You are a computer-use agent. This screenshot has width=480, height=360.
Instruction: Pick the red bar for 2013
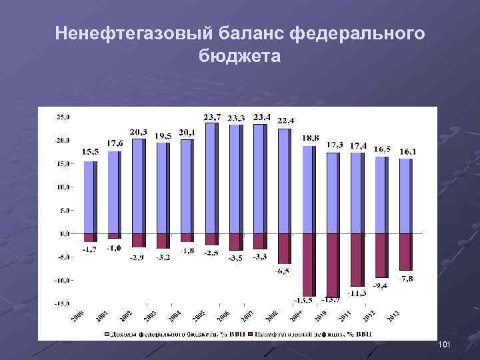[x=406, y=252]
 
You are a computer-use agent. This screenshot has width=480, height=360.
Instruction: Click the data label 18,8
[x=311, y=138]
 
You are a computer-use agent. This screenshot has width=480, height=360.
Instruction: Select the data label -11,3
[x=359, y=293]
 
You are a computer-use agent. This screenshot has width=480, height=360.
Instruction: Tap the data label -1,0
[x=115, y=248]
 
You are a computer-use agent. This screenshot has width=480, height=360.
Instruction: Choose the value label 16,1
[x=408, y=151]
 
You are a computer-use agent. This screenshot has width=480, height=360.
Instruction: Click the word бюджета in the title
[x=239, y=57]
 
